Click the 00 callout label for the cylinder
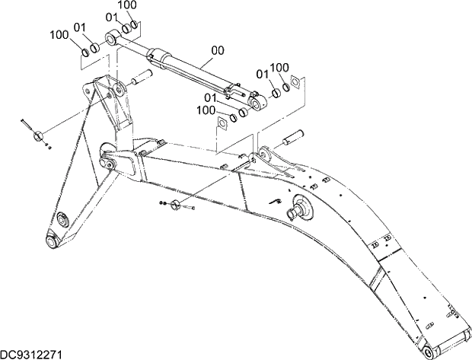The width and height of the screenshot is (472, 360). coord(218,52)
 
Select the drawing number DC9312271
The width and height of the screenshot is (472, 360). coord(31,354)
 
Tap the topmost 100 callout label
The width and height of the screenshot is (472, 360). coord(127,5)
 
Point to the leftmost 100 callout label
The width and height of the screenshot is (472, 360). coord(59,34)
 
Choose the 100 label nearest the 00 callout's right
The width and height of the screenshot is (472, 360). coord(279,68)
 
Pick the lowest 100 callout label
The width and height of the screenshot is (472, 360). coord(206,110)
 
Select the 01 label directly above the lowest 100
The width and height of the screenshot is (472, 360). coord(211,97)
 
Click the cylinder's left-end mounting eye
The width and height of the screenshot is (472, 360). coord(113,35)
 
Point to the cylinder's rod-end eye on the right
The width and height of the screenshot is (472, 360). coord(257,99)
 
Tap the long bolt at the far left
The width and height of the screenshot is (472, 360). coord(27,124)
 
